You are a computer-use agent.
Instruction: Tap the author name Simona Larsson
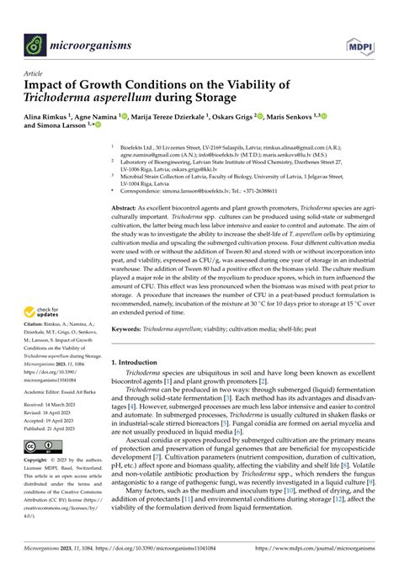(x=64, y=130)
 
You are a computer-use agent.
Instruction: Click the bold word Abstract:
(x=127, y=207)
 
